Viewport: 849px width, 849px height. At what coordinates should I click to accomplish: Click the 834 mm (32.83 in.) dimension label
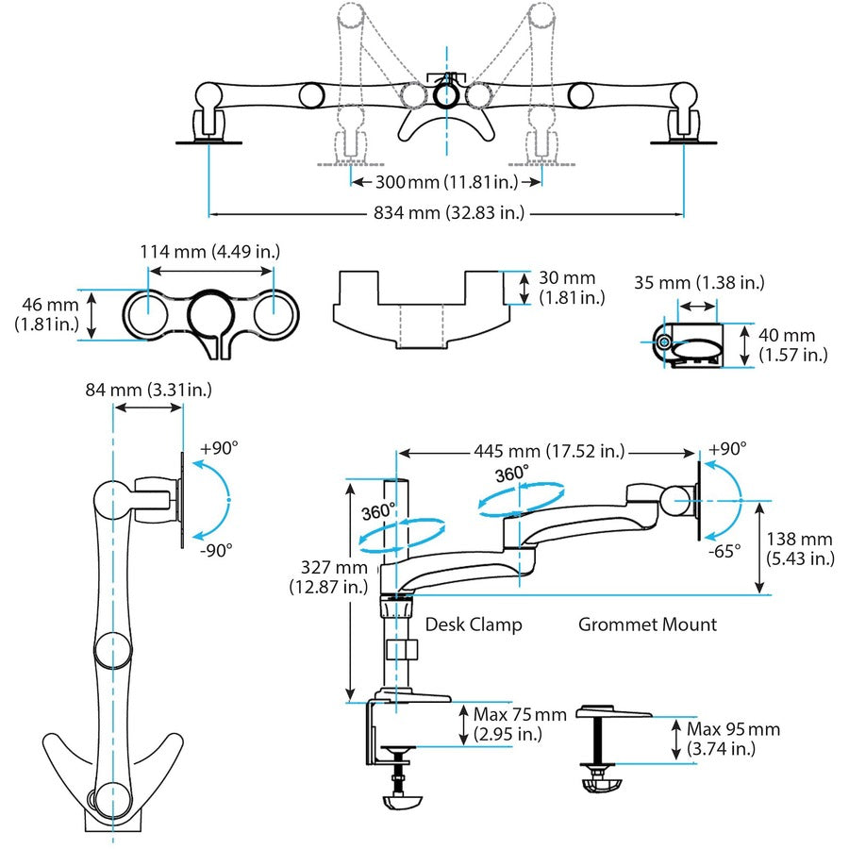click(444, 213)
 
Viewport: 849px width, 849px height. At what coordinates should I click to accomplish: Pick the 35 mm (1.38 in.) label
click(698, 282)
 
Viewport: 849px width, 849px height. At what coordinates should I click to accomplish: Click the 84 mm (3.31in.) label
click(148, 389)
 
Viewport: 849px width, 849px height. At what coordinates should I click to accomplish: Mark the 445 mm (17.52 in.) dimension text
click(550, 452)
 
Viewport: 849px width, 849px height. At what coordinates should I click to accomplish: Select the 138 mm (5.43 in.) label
click(800, 548)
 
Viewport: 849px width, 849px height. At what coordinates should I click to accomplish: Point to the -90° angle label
click(216, 549)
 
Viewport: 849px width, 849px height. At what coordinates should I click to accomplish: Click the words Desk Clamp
click(474, 624)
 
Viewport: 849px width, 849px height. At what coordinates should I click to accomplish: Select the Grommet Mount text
click(647, 624)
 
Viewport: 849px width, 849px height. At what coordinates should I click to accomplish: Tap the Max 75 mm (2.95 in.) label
click(522, 724)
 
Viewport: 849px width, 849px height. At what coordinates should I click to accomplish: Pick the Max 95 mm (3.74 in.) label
click(734, 740)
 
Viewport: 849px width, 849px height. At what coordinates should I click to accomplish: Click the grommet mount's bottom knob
click(596, 785)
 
